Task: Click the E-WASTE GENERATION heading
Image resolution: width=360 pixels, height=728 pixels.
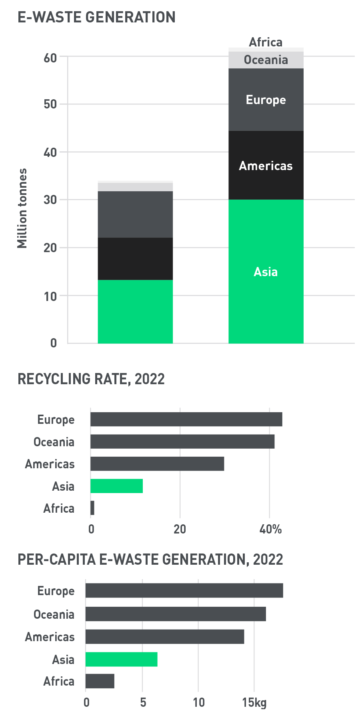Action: [96, 17]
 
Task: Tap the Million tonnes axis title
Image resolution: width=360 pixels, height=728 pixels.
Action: [22, 208]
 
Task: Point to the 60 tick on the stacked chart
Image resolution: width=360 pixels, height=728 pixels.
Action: [50, 58]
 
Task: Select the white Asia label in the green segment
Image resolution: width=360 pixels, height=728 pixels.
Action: [266, 272]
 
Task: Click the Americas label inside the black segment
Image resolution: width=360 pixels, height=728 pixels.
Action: [266, 166]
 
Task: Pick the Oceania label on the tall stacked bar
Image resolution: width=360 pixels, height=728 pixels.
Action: [266, 60]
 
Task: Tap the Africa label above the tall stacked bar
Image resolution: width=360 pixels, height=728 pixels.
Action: [266, 42]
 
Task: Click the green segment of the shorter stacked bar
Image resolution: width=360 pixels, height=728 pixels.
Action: [135, 311]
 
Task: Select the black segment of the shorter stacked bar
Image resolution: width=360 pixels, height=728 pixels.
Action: [135, 259]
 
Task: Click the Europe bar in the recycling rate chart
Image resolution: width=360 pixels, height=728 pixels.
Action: [186, 419]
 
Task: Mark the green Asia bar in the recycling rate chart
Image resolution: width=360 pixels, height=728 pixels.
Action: [116, 486]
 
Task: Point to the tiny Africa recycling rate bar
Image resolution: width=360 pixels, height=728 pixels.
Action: [92, 508]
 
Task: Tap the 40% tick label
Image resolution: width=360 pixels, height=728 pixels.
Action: [270, 529]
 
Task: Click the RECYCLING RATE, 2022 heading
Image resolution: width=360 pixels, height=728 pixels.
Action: [91, 379]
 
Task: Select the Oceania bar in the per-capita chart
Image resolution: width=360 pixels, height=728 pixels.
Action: [176, 614]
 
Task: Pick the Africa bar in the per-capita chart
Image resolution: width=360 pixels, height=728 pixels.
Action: [100, 681]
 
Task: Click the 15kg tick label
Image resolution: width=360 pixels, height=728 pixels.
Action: [254, 702]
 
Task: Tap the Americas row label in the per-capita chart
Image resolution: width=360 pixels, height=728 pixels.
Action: [50, 637]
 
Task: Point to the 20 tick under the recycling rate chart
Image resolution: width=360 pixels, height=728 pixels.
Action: [180, 529]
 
